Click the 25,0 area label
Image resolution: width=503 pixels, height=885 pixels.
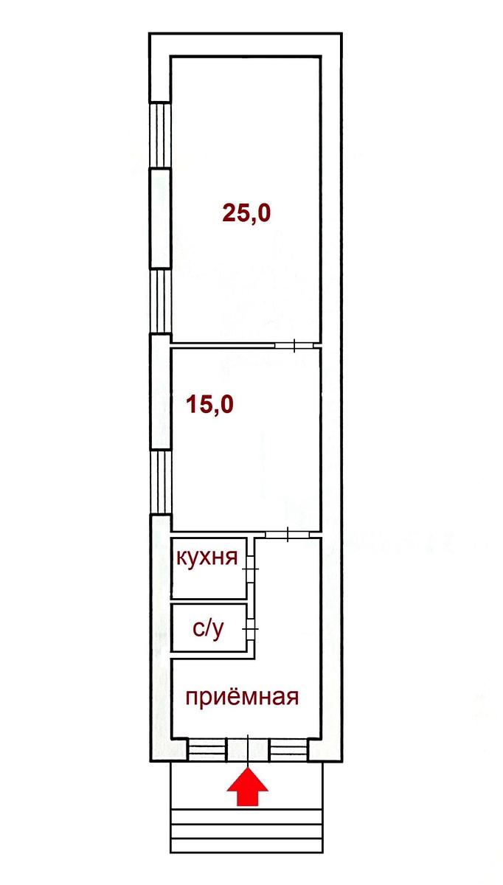pos(246,213)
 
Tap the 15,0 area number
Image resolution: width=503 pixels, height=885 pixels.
pos(209,405)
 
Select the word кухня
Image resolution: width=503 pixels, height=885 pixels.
pos(207,557)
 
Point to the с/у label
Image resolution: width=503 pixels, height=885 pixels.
pos(208,628)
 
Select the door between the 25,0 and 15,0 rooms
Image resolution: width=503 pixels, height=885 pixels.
pos(294,345)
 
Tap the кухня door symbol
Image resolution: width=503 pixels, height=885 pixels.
pos(250,569)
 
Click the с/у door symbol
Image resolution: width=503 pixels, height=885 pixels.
pos(251,628)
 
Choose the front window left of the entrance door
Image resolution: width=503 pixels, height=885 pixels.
pos(207,750)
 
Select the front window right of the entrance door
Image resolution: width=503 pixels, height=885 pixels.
pos(289,750)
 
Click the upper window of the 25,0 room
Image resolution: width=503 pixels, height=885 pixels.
pos(160,135)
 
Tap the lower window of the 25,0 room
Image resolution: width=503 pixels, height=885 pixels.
pos(160,302)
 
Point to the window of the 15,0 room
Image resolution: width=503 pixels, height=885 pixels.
pos(160,482)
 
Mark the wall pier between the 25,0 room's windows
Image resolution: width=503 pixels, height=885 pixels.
pos(160,219)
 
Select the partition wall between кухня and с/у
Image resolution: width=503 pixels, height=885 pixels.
pos(209,601)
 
